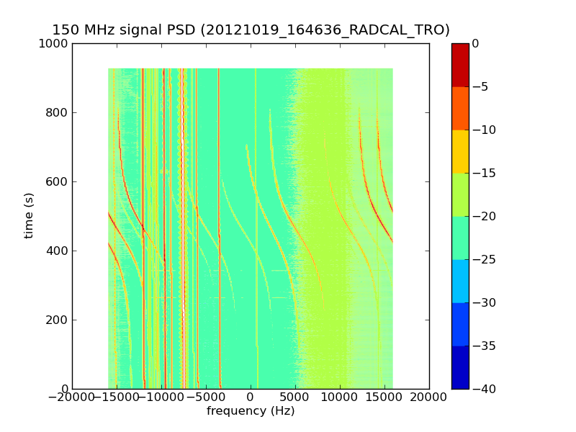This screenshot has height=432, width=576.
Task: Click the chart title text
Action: tap(251, 30)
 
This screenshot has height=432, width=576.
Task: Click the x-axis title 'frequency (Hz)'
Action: tap(251, 411)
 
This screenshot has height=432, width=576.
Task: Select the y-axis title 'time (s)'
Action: tap(29, 215)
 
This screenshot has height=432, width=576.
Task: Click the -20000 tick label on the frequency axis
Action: tap(72, 397)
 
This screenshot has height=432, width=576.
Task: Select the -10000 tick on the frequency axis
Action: tap(161, 397)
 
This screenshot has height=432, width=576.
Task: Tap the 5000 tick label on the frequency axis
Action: tap(295, 397)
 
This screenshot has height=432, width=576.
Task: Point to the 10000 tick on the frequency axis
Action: tap(340, 397)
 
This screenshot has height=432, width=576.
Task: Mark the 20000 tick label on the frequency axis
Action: tap(429, 397)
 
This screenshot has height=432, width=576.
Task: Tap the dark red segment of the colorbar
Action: tap(460, 65)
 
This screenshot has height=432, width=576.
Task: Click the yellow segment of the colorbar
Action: tap(460, 151)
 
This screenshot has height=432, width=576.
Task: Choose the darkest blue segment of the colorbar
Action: tap(460, 367)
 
